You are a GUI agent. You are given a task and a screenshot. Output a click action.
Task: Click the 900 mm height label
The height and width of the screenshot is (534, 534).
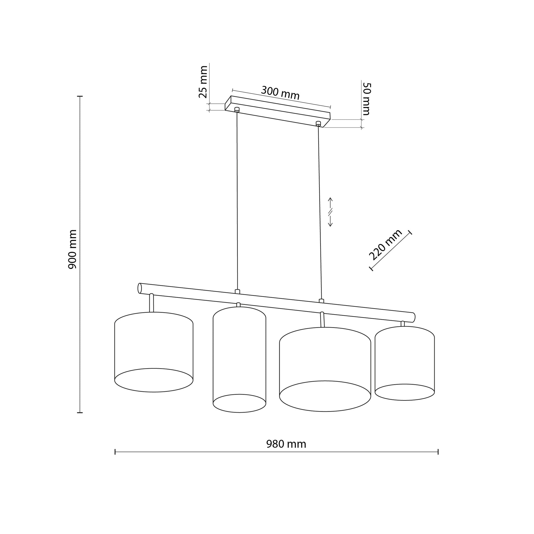pyautogui.click(x=72, y=249)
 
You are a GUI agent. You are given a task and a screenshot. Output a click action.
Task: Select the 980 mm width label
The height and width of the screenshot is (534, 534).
pyautogui.click(x=286, y=444)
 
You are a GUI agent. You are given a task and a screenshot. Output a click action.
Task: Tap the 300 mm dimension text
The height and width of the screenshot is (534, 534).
pyautogui.click(x=280, y=93)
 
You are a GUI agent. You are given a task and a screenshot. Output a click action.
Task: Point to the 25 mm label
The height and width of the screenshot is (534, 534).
pyautogui.click(x=203, y=82)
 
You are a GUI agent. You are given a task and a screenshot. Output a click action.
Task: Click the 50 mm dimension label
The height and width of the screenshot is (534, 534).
pyautogui.click(x=366, y=99)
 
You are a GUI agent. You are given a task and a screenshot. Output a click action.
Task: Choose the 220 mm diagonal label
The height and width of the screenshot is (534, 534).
pyautogui.click(x=385, y=245)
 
